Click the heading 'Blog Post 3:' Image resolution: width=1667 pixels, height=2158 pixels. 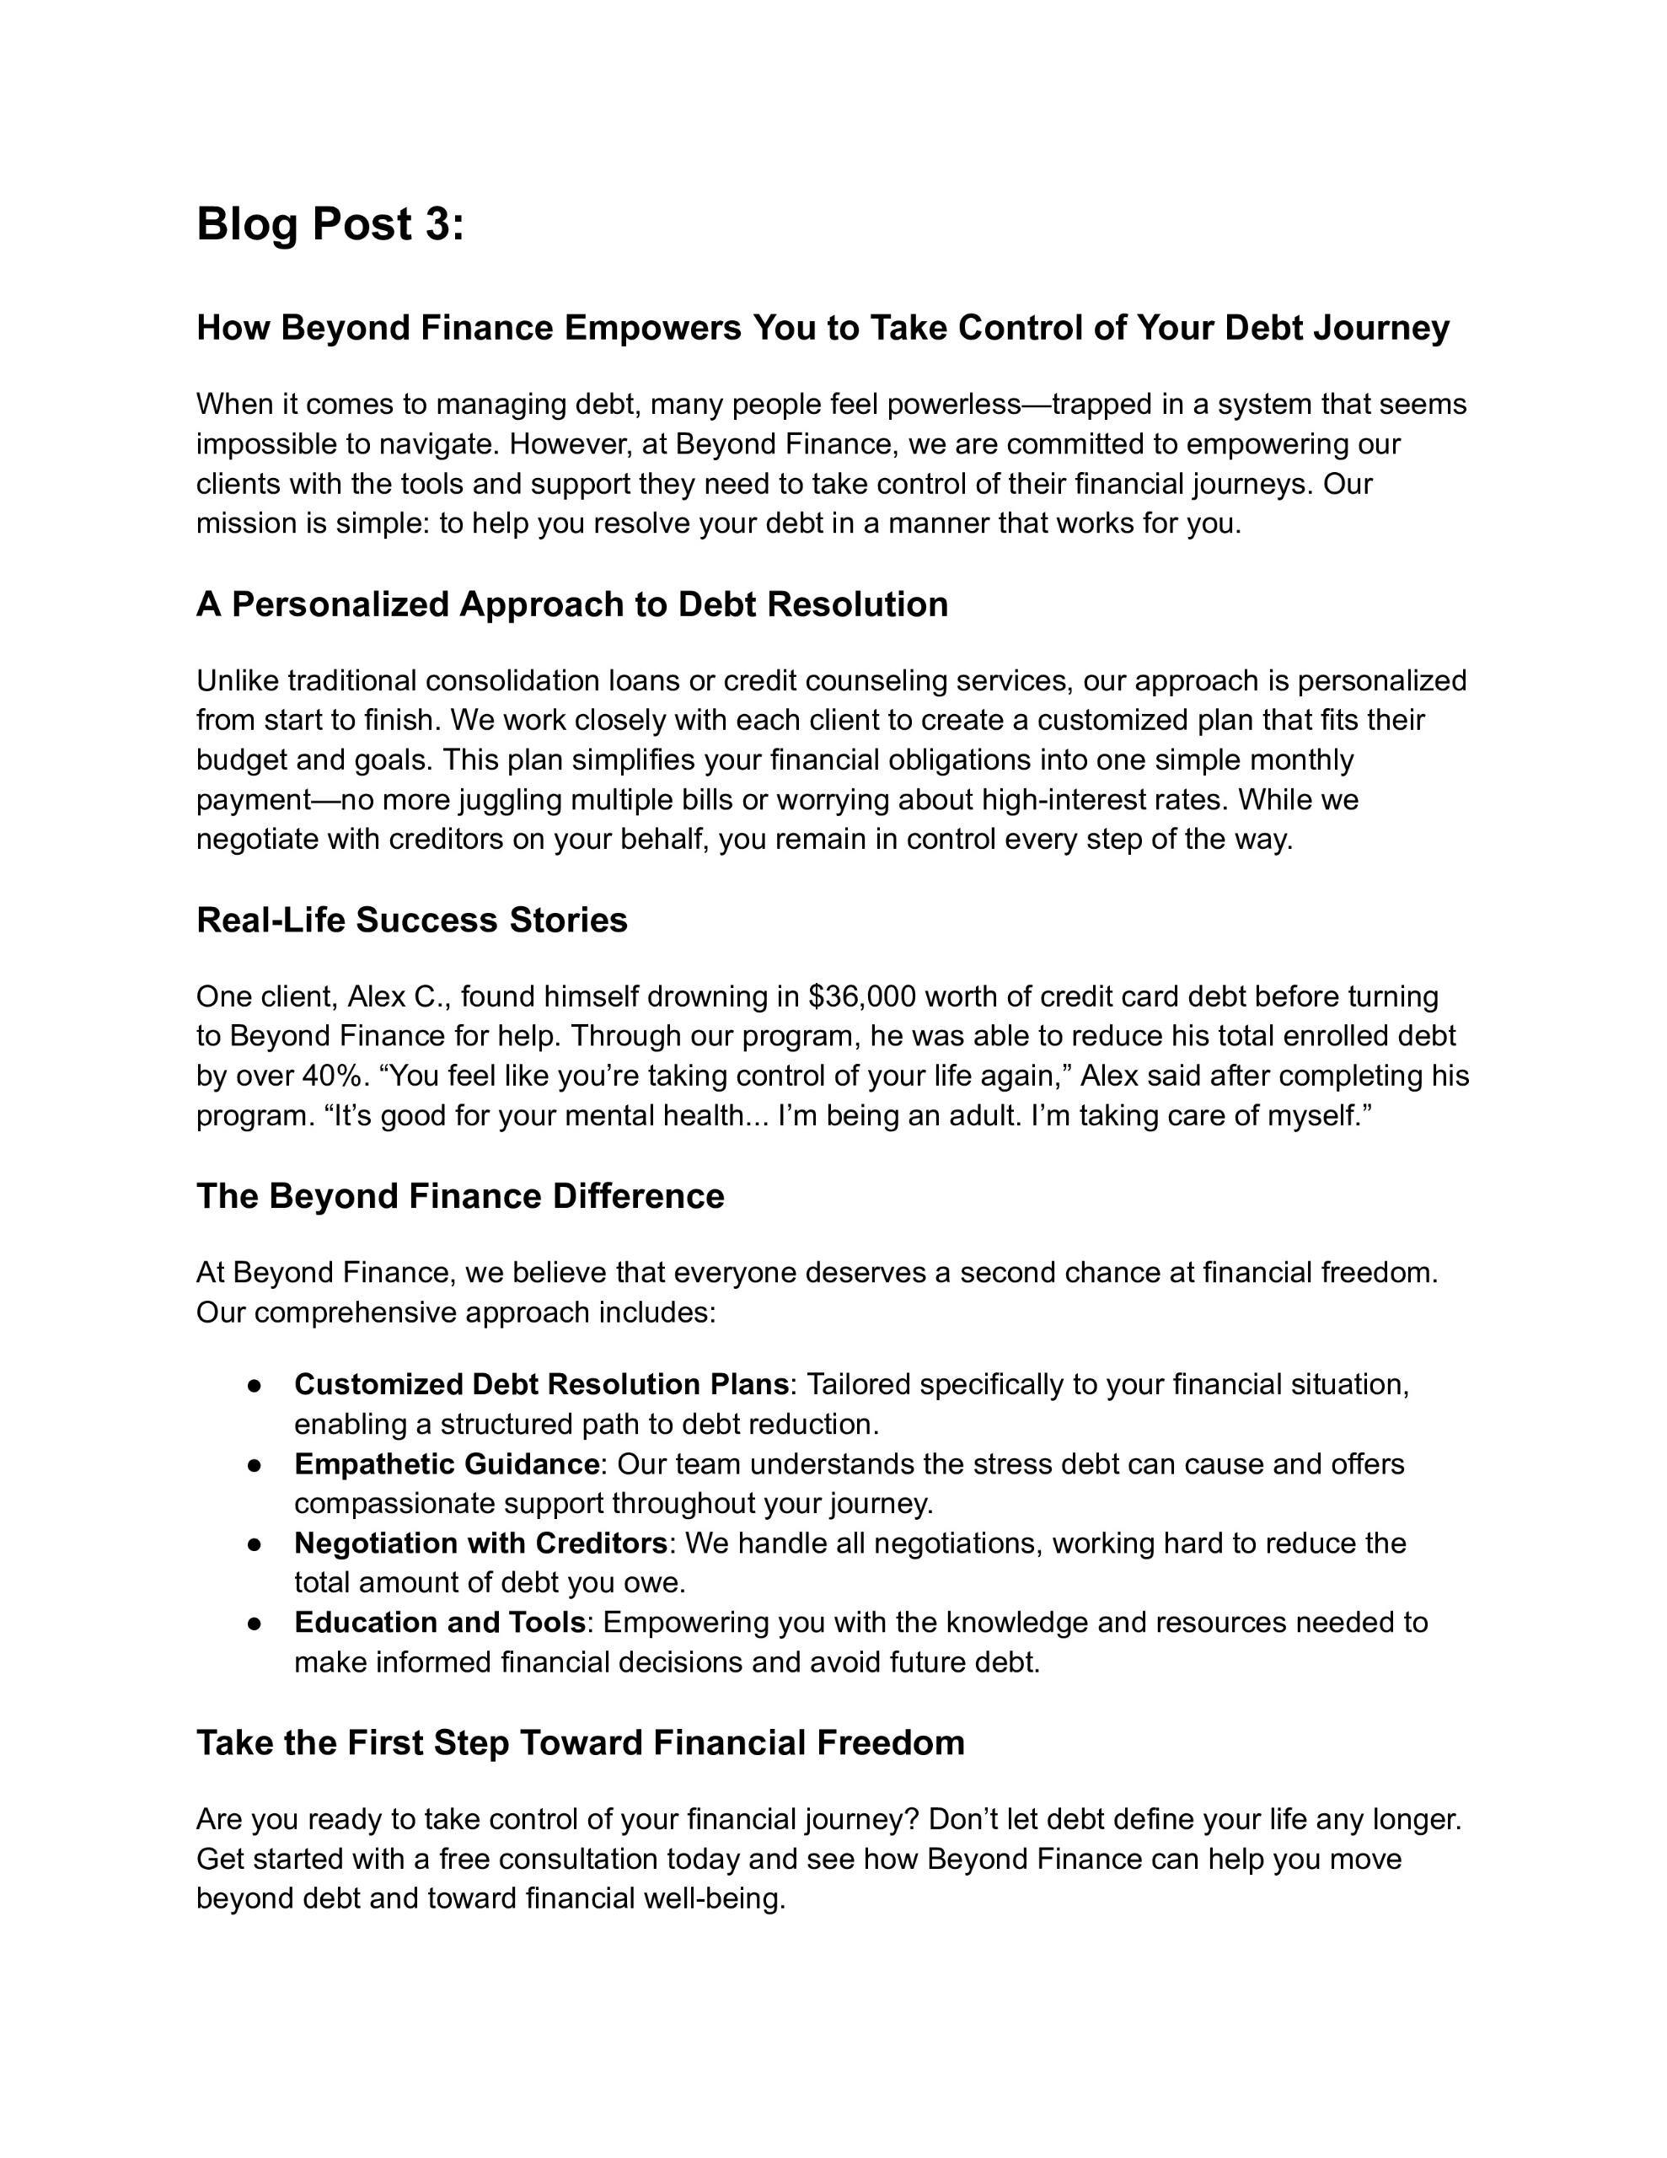tap(330, 224)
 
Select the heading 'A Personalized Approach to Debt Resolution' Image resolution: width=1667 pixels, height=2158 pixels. tap(572, 604)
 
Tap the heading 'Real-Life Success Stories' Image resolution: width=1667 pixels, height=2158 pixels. tap(412, 920)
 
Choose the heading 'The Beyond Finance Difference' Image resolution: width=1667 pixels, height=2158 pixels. tap(460, 1195)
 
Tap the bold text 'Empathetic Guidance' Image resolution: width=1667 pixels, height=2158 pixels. tap(447, 1463)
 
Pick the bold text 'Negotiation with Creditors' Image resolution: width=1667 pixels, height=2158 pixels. tap(481, 1543)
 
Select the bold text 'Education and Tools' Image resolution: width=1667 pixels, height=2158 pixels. tap(440, 1623)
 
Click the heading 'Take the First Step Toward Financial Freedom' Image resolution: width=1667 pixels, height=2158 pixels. tap(580, 1742)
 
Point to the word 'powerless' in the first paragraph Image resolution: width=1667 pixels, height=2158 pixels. tap(953, 404)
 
